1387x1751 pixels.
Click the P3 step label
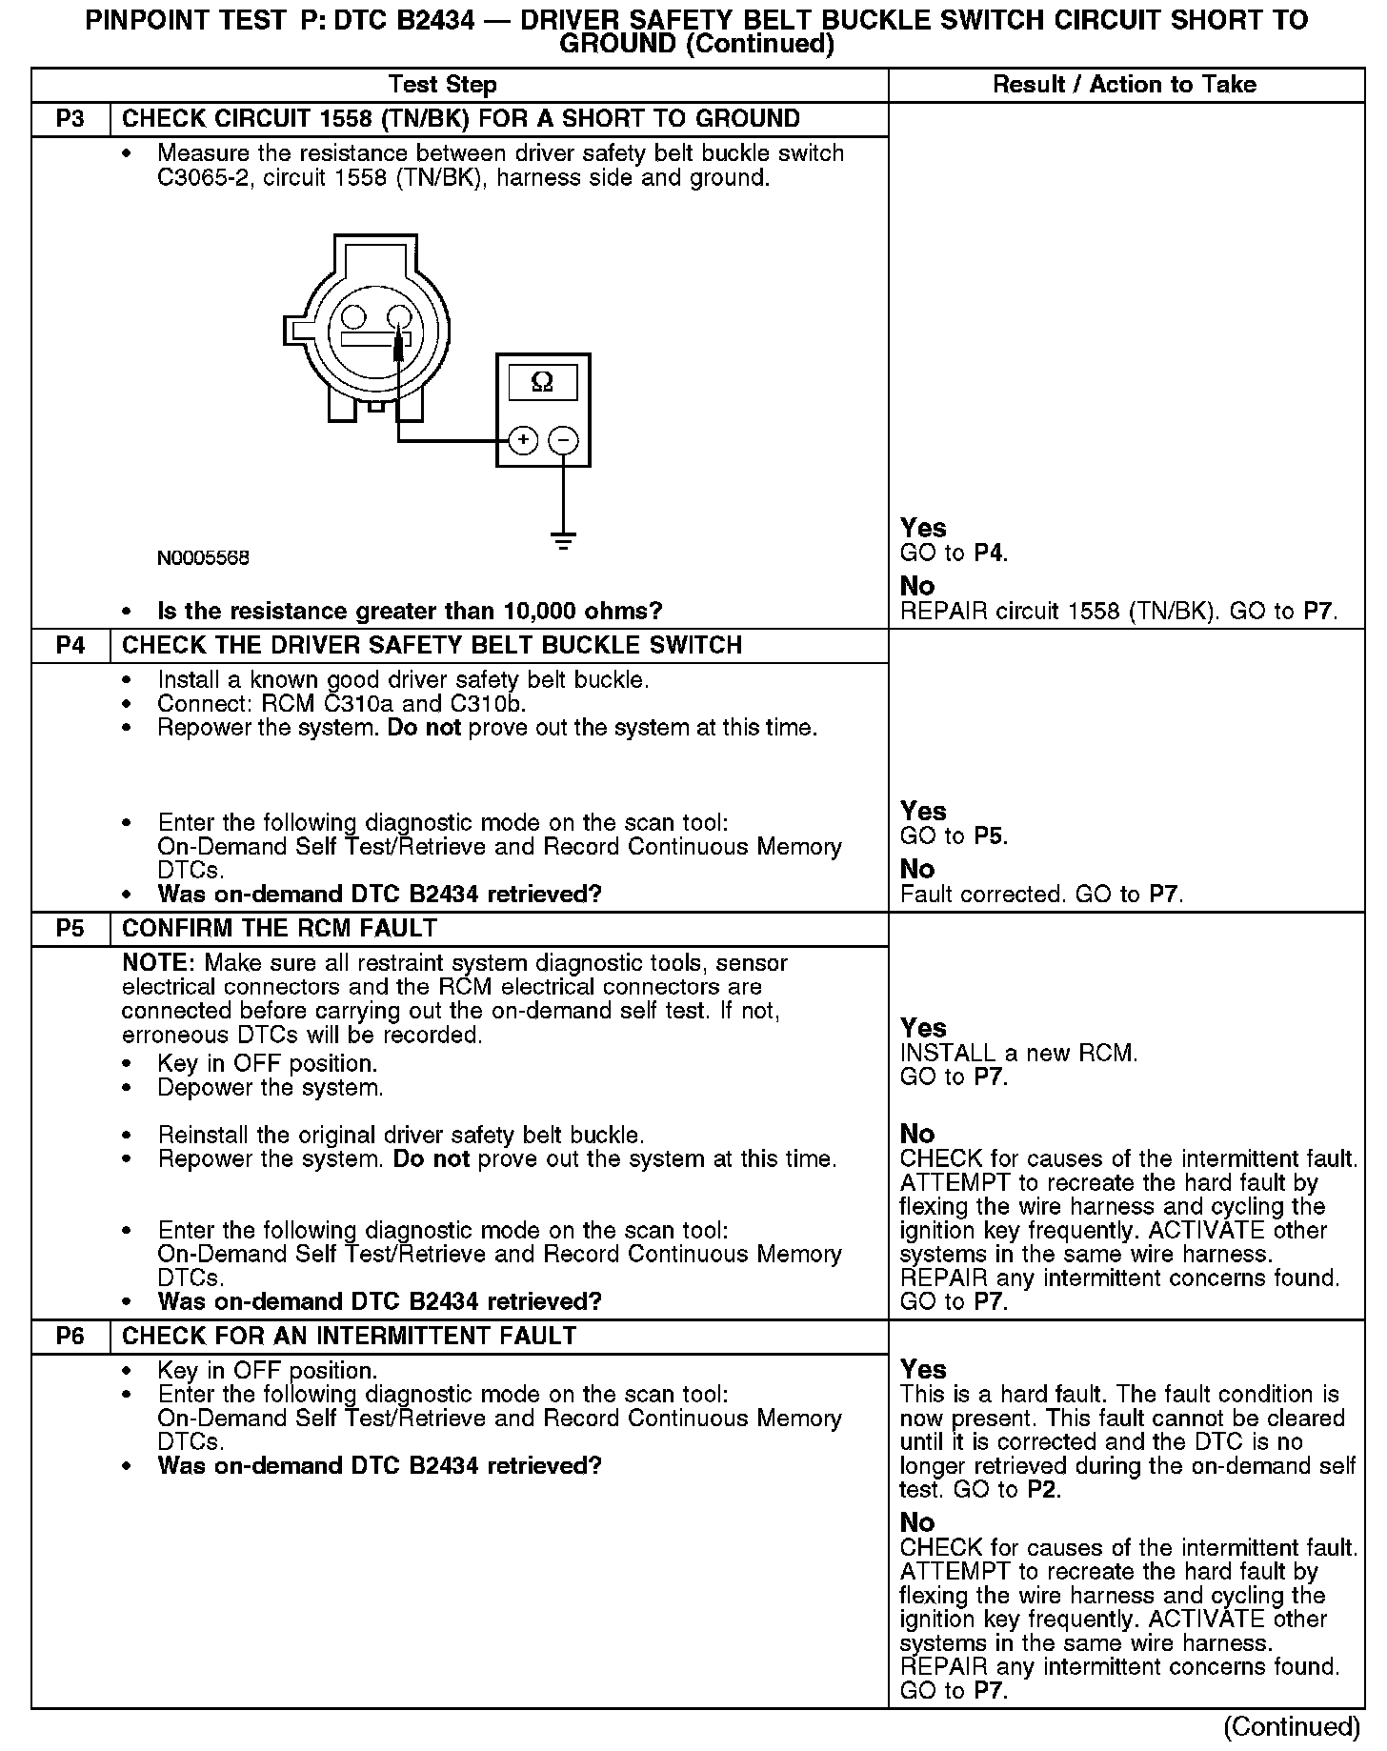[70, 119]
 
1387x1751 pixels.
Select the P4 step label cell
[70, 645]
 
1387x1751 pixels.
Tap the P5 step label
[70, 928]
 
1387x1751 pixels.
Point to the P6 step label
[70, 1336]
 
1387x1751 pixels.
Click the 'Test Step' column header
[442, 85]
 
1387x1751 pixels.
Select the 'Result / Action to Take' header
[1124, 85]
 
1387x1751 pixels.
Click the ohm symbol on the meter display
[542, 382]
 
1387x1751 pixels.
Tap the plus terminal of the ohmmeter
[523, 440]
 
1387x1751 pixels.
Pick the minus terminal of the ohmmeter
[564, 440]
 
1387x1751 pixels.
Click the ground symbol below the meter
[564, 541]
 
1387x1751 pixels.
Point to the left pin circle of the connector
[353, 317]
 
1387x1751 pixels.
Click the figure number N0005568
[203, 557]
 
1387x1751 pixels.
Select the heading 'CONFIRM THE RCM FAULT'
[280, 928]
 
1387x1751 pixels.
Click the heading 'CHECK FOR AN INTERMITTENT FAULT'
[349, 1336]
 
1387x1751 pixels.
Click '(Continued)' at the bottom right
[1291, 1726]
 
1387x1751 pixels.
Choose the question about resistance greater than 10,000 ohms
[410, 611]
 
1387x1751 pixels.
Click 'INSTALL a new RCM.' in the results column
[1018, 1053]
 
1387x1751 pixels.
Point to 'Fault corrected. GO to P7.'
[1041, 895]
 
